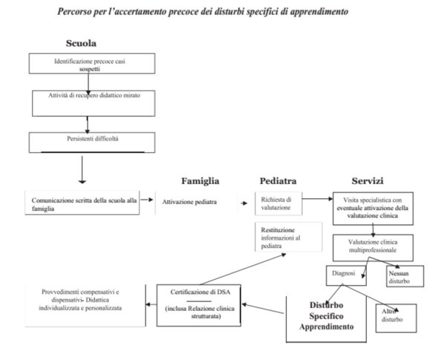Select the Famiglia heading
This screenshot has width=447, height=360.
click(x=200, y=181)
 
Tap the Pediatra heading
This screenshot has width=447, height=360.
click(x=278, y=181)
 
